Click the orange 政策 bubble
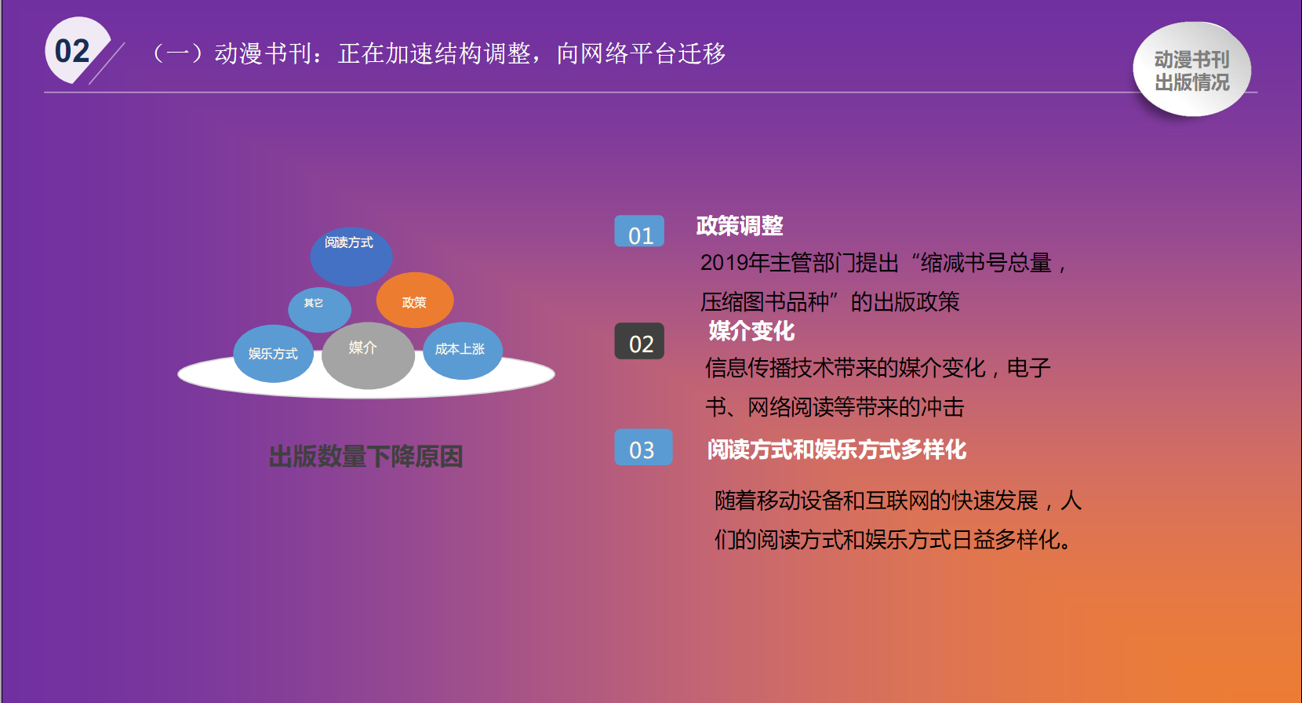(x=414, y=300)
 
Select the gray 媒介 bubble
(x=368, y=355)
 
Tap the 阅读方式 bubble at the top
(x=351, y=257)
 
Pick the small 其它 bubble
(x=319, y=309)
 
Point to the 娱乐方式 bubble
(x=273, y=354)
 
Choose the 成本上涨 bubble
(x=463, y=351)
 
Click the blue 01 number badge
(x=639, y=231)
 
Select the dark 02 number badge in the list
(x=639, y=341)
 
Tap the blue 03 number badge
(x=643, y=447)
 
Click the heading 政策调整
(x=740, y=226)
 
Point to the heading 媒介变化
(x=751, y=331)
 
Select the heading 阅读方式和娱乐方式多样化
(x=836, y=450)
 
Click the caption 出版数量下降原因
(x=366, y=457)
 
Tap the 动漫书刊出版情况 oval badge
(x=1191, y=69)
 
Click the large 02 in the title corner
(x=72, y=51)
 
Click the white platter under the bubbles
(x=366, y=387)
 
